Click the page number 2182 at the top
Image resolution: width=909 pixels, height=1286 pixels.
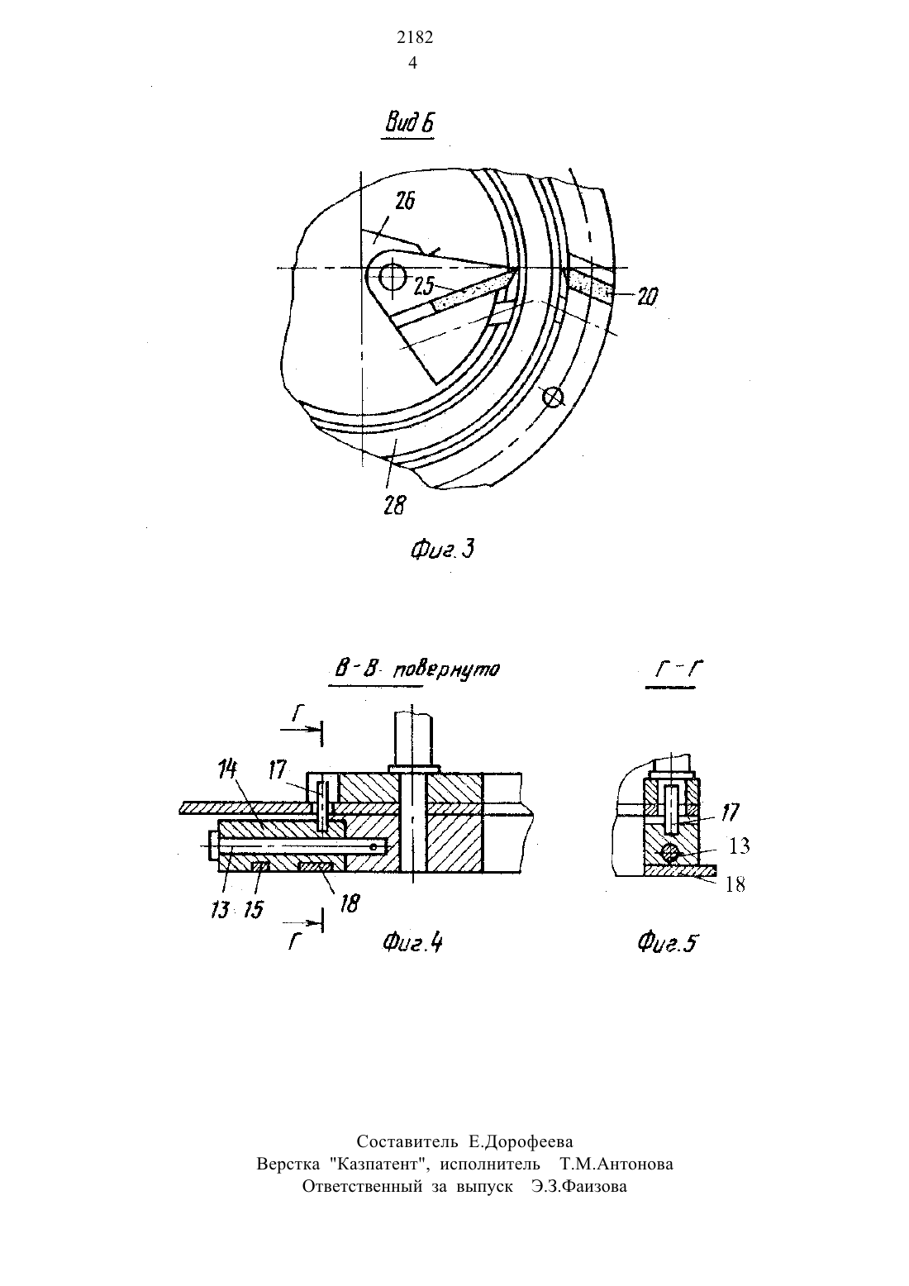(414, 37)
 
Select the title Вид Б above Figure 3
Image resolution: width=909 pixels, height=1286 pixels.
(409, 123)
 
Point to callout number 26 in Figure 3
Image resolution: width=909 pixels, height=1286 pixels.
(405, 202)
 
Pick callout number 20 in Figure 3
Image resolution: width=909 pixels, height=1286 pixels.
(648, 296)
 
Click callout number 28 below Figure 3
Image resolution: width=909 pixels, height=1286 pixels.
(395, 506)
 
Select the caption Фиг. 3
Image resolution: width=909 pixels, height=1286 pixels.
(442, 550)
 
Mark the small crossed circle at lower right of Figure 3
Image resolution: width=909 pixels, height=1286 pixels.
(553, 397)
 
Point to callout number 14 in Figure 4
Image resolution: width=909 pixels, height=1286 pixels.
(228, 769)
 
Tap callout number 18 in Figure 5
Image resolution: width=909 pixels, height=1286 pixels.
(735, 884)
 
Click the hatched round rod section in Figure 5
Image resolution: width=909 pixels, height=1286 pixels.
(669, 854)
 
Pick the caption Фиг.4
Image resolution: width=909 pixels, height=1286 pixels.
(412, 943)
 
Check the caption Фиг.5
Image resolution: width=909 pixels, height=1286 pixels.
(669, 943)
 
